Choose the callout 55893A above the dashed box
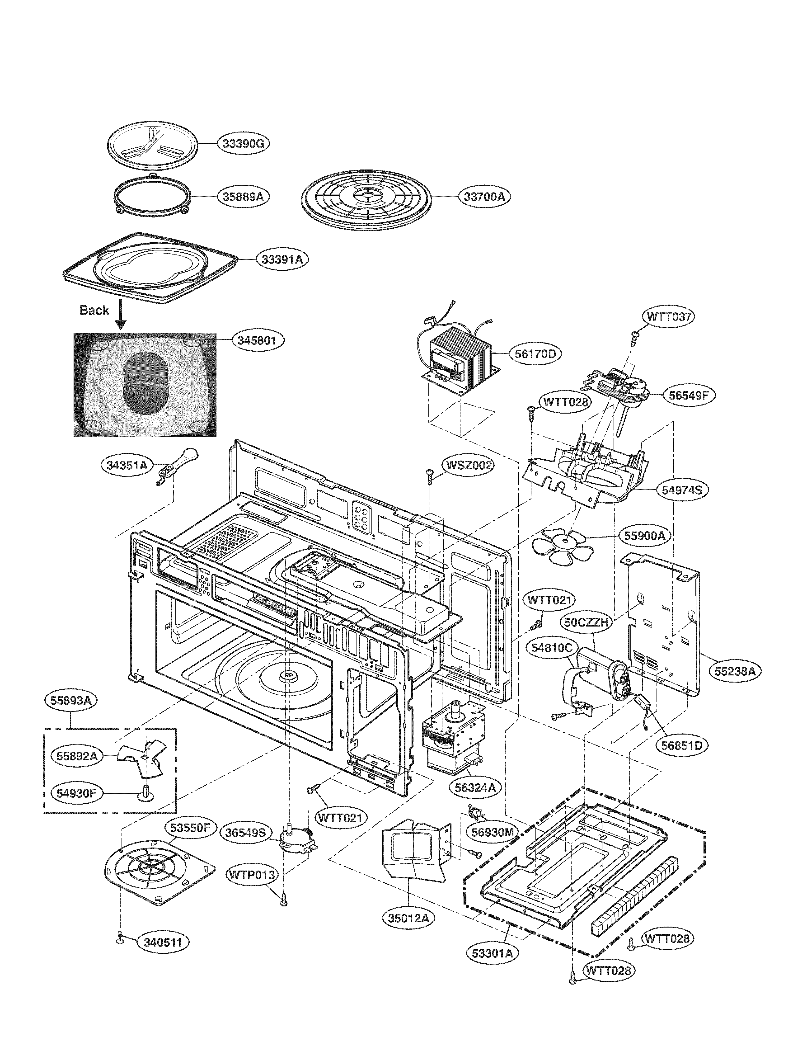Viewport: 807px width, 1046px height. [x=71, y=700]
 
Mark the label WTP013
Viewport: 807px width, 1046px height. [x=252, y=875]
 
